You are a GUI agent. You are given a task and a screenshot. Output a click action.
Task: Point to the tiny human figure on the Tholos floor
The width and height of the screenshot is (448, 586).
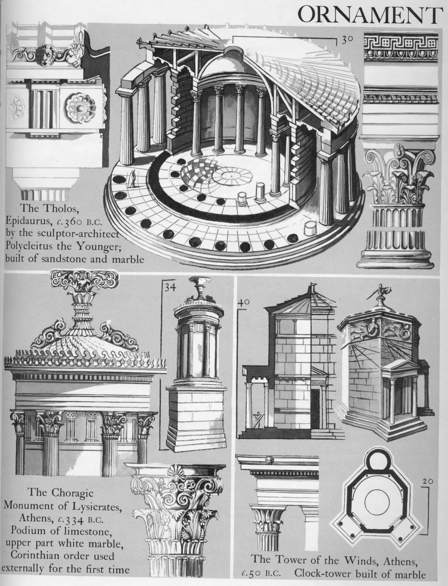point(133,179)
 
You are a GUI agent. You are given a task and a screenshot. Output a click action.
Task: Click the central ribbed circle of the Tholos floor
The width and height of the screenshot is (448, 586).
point(236,175)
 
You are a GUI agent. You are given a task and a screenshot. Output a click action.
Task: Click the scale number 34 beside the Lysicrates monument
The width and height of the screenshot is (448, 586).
point(170,288)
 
